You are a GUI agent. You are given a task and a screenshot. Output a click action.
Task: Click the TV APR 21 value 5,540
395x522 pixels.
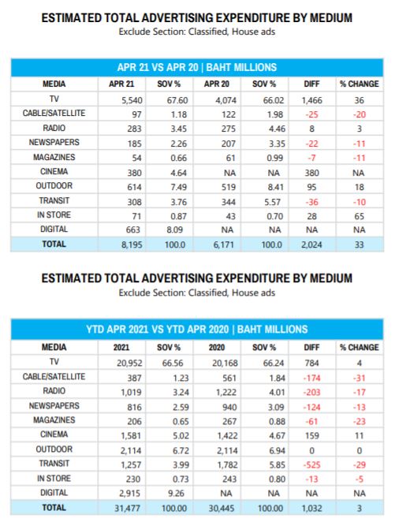(x=132, y=100)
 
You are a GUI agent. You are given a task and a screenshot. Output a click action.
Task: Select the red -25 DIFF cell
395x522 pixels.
(x=311, y=114)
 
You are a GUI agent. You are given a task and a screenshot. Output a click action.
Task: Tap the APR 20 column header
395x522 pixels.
(x=217, y=84)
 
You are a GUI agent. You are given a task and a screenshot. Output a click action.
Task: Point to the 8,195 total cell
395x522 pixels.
(x=132, y=244)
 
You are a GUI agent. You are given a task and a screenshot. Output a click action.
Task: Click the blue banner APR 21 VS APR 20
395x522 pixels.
(x=197, y=68)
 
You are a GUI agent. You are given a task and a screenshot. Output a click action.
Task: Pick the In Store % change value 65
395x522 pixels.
(x=359, y=216)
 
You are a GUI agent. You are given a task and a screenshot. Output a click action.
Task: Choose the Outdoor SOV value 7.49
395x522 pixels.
(x=179, y=187)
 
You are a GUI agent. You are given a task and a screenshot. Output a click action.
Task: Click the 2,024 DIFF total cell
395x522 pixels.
(x=311, y=244)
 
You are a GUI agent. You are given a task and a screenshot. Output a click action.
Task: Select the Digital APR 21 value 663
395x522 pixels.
(x=133, y=229)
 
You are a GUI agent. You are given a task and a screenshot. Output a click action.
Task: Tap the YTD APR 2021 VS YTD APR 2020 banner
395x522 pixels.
(x=197, y=330)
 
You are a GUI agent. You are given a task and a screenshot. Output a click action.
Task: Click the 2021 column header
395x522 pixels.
(x=121, y=347)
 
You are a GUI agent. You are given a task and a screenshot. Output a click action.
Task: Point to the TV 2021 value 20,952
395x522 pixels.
(x=129, y=364)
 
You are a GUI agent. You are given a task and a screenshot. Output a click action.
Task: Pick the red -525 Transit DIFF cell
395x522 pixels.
(x=311, y=464)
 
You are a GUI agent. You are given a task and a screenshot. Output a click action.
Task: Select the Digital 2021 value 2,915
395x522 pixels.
(x=130, y=494)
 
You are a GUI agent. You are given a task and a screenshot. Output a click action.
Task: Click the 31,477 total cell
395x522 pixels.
(x=128, y=509)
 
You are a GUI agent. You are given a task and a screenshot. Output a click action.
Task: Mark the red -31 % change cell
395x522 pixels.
(x=360, y=378)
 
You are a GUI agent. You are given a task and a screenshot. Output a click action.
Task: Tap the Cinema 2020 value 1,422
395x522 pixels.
(x=227, y=436)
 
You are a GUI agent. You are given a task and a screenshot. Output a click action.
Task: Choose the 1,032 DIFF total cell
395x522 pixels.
(x=311, y=509)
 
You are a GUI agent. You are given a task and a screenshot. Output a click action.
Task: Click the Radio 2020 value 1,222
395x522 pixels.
(x=226, y=393)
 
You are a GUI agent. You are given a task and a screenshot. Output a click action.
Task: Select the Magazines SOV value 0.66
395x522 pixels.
(x=179, y=158)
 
